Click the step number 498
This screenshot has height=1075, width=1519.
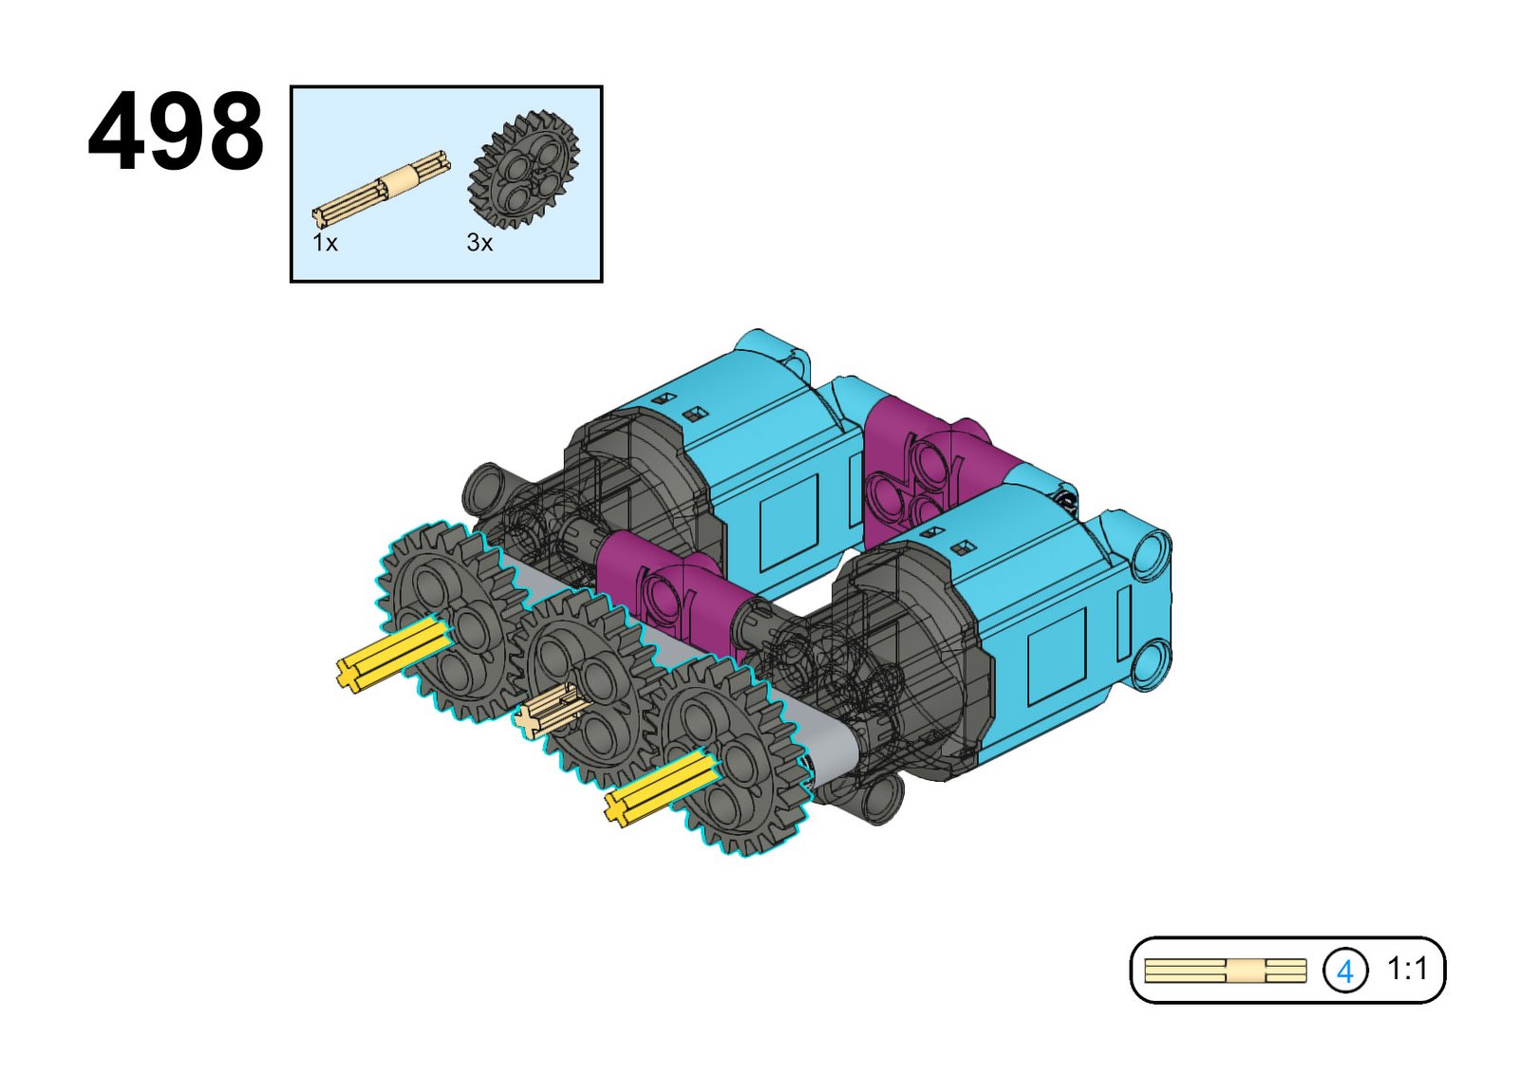(x=176, y=132)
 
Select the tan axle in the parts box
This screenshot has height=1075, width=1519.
(x=381, y=189)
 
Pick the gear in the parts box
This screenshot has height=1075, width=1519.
(x=523, y=170)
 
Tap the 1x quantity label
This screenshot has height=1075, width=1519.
(x=325, y=242)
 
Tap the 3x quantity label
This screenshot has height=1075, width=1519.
(x=479, y=242)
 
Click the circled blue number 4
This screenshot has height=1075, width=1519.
(x=1344, y=971)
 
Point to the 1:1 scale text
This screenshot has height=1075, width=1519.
(x=1407, y=970)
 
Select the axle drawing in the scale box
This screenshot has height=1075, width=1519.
(x=1225, y=971)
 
